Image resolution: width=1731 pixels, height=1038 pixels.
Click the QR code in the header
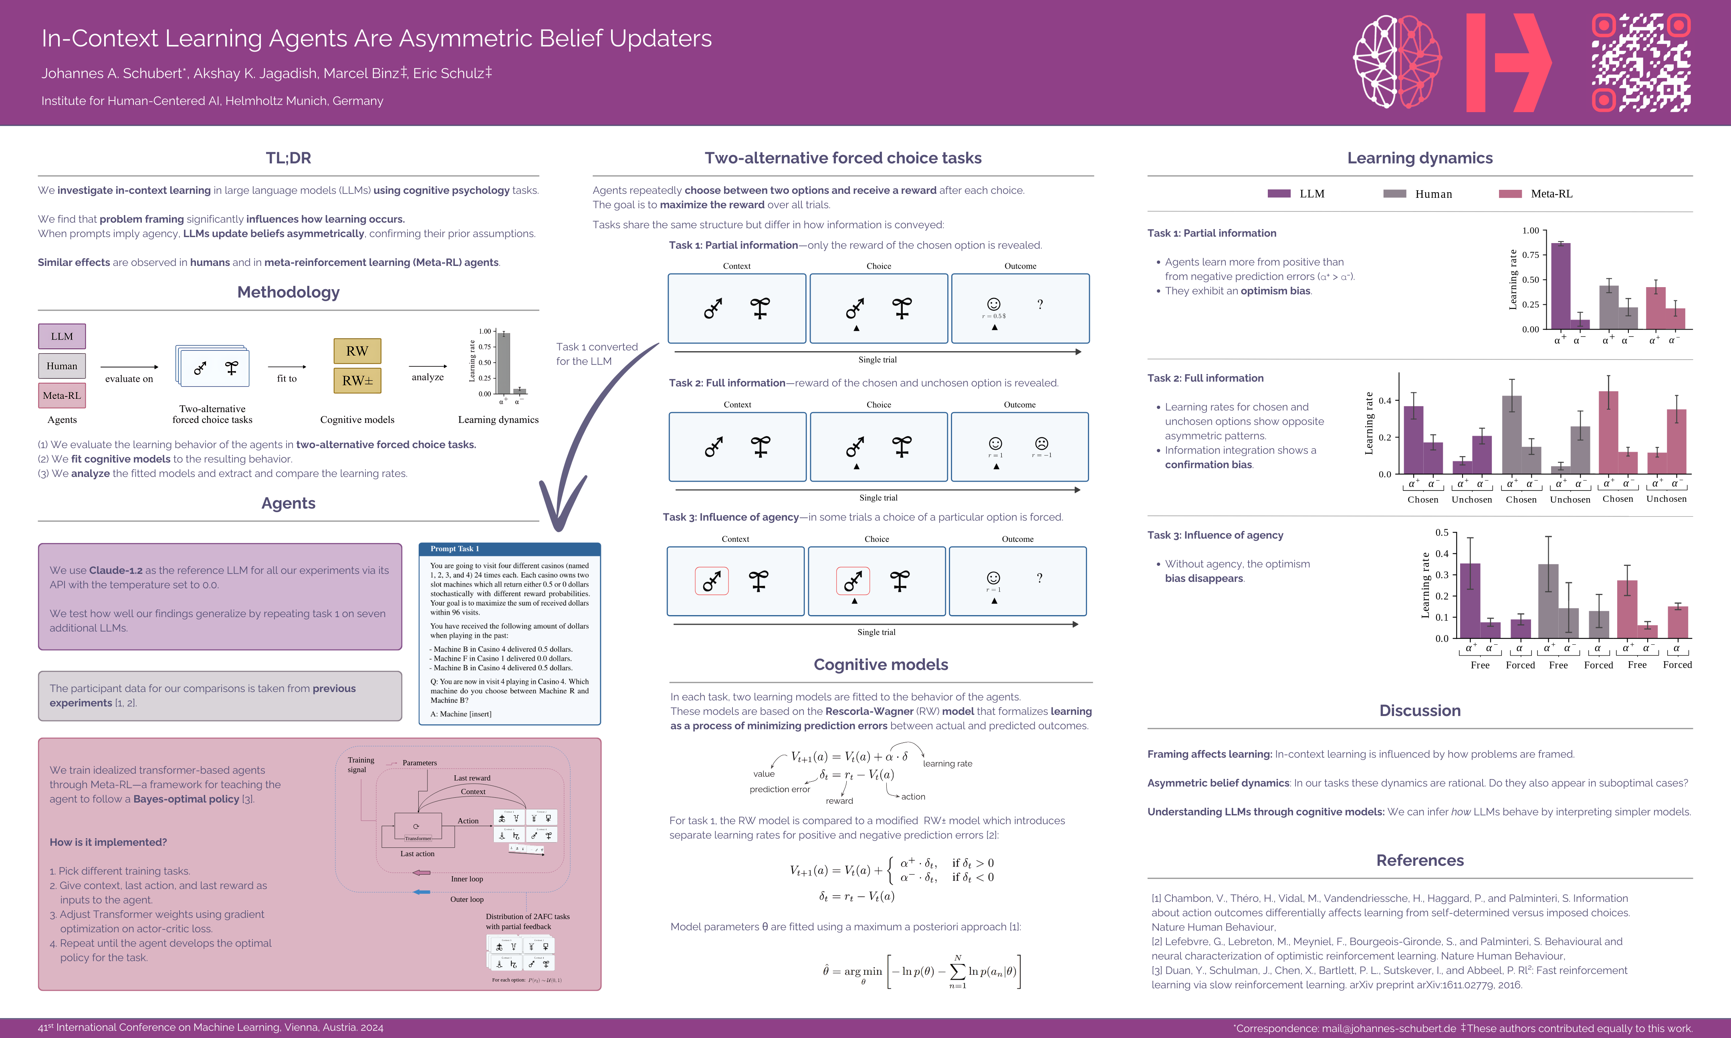tap(1641, 63)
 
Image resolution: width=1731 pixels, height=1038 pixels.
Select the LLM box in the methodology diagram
tap(62, 336)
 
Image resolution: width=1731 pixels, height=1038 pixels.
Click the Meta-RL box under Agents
tap(62, 395)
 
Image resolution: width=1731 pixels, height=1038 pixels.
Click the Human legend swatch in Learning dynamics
tap(1394, 194)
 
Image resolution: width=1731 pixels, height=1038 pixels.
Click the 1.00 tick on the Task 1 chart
tap(1530, 231)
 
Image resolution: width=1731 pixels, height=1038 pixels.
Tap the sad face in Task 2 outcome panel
tap(1041, 443)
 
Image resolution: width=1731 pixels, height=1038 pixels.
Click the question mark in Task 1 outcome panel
tap(1040, 304)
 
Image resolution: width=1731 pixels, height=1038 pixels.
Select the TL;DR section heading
tap(288, 158)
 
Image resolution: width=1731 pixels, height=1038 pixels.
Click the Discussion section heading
tap(1420, 711)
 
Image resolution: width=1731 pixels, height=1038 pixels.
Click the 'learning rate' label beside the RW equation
tap(947, 764)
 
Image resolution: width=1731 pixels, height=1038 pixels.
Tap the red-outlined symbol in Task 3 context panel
tap(712, 581)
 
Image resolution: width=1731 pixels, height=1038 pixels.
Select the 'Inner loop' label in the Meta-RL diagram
tap(467, 879)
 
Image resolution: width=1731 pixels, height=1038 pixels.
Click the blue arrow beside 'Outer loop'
tap(422, 892)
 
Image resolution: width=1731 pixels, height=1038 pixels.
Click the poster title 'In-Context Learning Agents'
tap(376, 38)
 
